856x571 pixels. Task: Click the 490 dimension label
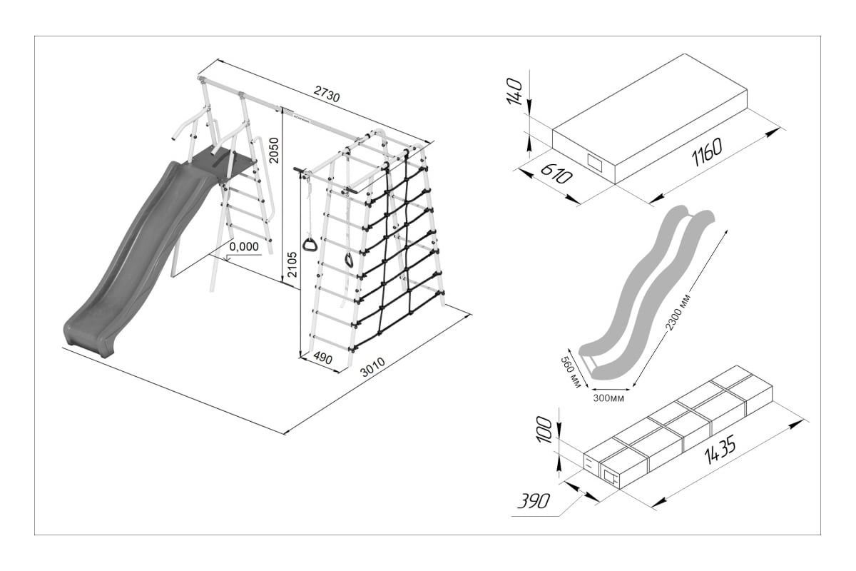tap(323, 359)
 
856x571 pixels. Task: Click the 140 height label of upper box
tap(516, 91)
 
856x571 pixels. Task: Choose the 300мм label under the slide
tap(608, 398)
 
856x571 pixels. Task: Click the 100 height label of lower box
tap(544, 430)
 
